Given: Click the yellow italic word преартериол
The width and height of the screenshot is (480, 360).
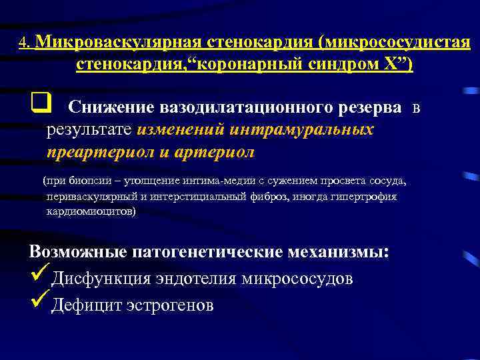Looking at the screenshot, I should [x=99, y=151].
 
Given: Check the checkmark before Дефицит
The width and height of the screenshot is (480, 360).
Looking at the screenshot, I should [x=39, y=301].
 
